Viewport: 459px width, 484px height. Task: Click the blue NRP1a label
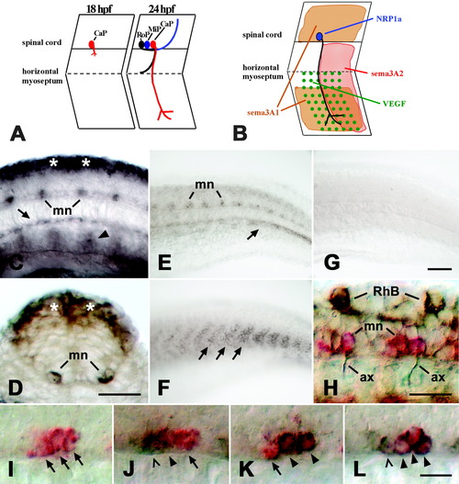click(x=388, y=19)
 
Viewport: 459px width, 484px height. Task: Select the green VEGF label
click(x=394, y=104)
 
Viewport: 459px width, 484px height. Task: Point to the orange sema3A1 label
click(x=263, y=113)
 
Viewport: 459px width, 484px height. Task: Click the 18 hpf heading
click(x=99, y=9)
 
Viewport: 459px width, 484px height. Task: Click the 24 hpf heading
click(x=162, y=9)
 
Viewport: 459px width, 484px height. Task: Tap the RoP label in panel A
click(x=142, y=35)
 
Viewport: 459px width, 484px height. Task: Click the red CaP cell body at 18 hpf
click(x=92, y=45)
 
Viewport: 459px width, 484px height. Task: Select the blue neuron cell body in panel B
click(x=319, y=37)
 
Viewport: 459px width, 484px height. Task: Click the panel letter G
click(x=332, y=263)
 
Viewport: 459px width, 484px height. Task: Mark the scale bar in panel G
click(x=440, y=269)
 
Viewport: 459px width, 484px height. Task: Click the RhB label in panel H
click(x=386, y=291)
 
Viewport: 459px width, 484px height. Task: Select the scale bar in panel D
click(x=119, y=394)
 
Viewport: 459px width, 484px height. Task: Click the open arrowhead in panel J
click(x=156, y=462)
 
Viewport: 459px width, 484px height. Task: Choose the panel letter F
click(x=164, y=388)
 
